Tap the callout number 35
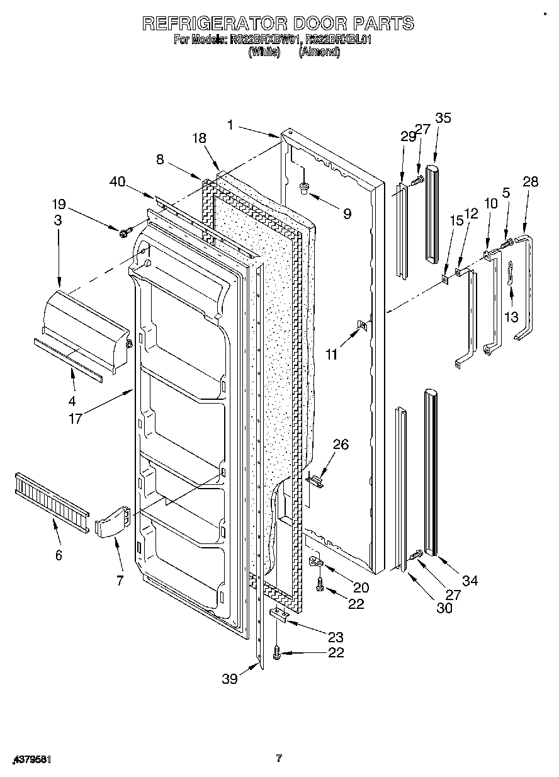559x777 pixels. pyautogui.click(x=443, y=118)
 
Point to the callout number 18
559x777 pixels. pyautogui.click(x=200, y=139)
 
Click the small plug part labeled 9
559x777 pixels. pyautogui.click(x=305, y=186)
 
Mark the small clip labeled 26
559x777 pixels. pyautogui.click(x=316, y=480)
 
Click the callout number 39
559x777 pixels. pyautogui.click(x=230, y=678)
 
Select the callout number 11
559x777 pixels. pyautogui.click(x=331, y=354)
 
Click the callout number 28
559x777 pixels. pyautogui.click(x=530, y=182)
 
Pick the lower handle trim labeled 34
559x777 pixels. pyautogui.click(x=431, y=472)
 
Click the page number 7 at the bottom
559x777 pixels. pyautogui.click(x=279, y=758)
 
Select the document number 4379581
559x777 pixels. pyautogui.click(x=30, y=759)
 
